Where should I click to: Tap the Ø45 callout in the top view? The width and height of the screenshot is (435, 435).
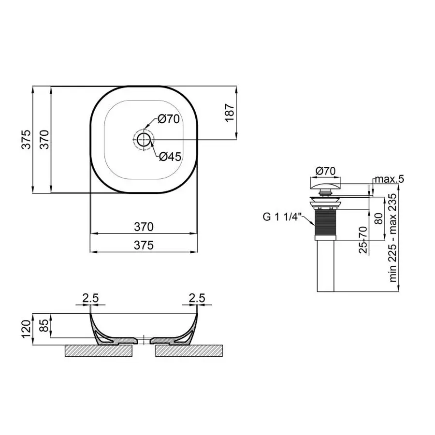coord(169,157)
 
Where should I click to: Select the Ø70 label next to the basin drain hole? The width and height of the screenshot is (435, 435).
coord(169,119)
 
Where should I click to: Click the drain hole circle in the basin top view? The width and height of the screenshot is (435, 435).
coord(144,140)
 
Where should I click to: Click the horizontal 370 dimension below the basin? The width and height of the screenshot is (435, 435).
coord(144,226)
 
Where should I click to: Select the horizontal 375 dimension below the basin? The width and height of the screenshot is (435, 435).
coord(144,245)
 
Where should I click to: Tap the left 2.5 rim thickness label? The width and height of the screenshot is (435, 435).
coord(90,299)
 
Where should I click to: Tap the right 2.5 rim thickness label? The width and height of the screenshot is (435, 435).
coord(197,299)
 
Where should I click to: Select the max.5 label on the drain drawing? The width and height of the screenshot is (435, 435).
coord(390,180)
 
